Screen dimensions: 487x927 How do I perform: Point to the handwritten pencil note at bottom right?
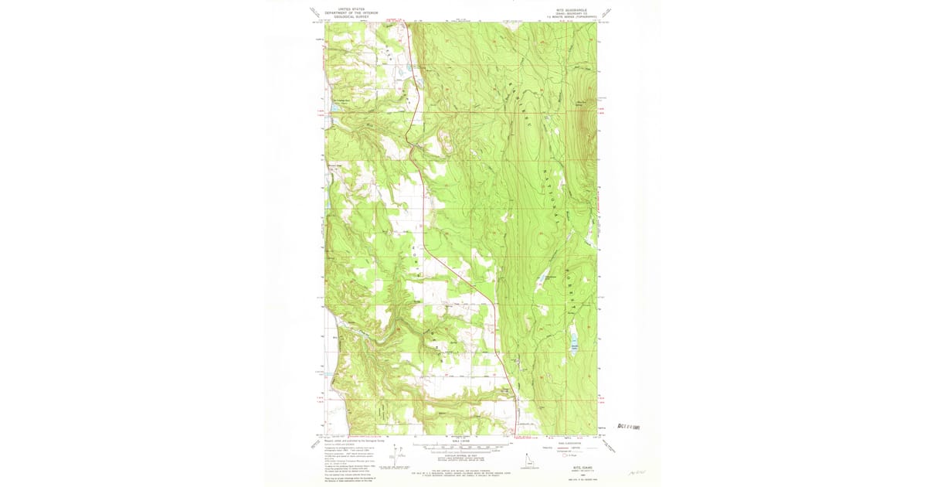click(637, 469)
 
